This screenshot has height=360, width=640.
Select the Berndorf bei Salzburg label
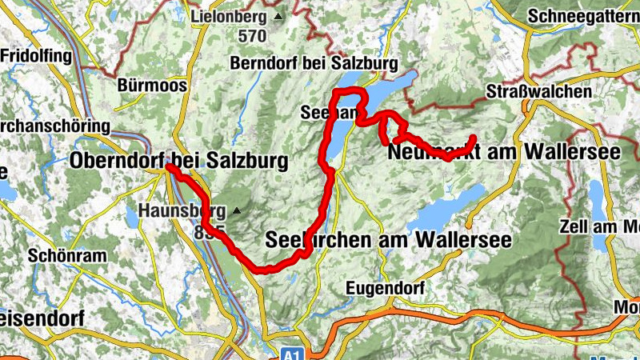coord(313,63)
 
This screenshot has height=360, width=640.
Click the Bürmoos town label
coord(151,85)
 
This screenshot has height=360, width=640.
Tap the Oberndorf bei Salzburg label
coord(178,161)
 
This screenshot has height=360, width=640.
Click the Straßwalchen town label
coord(538,92)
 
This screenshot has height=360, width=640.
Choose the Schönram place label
coord(62,257)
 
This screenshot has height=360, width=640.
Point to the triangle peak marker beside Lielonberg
coord(278,16)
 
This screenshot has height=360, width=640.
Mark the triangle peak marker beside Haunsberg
coord(237,211)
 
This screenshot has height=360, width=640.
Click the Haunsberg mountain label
coord(182,211)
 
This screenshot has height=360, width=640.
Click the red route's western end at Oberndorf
coord(169,168)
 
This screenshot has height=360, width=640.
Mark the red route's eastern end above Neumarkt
coord(474,137)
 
